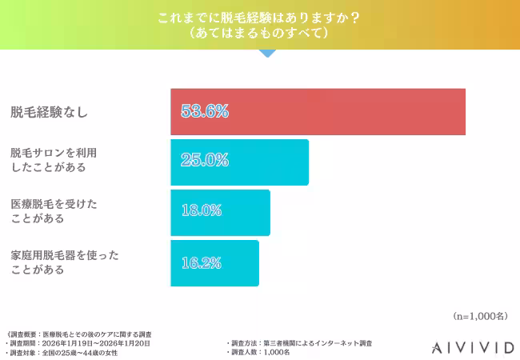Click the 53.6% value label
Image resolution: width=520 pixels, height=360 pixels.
coord(205,111)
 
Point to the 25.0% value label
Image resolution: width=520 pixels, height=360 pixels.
coord(205,160)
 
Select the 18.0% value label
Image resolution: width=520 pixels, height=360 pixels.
coord(201,211)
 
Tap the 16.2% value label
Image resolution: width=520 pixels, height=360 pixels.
coord(201,262)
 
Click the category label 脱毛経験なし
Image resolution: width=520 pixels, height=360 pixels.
coord(49,112)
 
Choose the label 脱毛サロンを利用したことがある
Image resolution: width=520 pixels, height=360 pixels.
coord(58,160)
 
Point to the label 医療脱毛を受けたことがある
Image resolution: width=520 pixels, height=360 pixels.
coord(54,211)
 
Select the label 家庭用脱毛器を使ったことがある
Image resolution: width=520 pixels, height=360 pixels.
coord(64,262)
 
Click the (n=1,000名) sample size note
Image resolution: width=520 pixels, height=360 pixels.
coord(479,316)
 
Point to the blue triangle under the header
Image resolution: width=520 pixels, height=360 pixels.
coord(267,53)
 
